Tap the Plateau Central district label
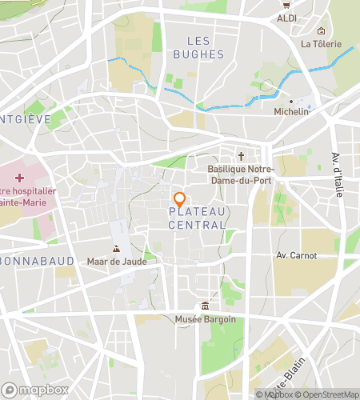[197, 218]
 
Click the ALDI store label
[286, 18]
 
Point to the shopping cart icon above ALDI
[286, 5]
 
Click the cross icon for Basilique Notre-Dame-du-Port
[241, 156]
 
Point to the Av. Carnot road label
[296, 256]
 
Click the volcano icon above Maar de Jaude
[118, 250]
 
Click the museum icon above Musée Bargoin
[206, 306]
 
